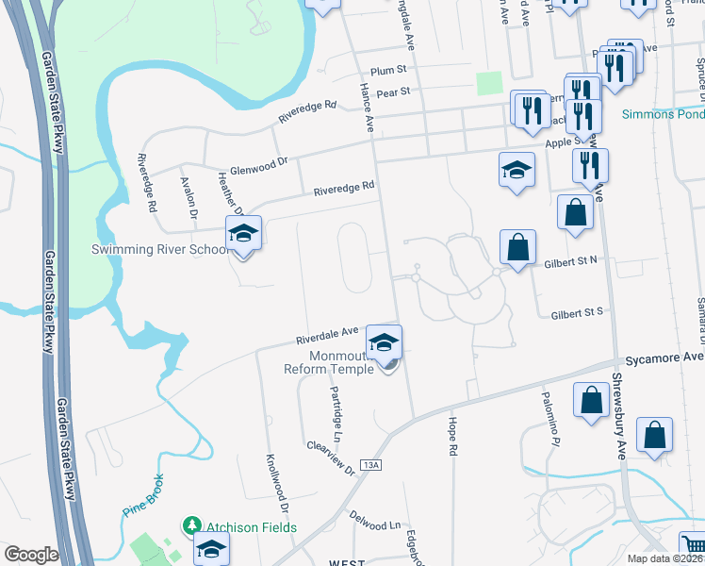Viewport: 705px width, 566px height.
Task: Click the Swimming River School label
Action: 159,250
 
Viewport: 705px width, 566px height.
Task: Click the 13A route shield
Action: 372,465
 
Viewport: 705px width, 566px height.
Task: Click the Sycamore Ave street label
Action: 665,358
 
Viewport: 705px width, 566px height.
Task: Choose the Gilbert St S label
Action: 576,310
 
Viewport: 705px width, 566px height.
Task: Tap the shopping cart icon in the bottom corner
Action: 693,545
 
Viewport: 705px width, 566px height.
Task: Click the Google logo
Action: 31,555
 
